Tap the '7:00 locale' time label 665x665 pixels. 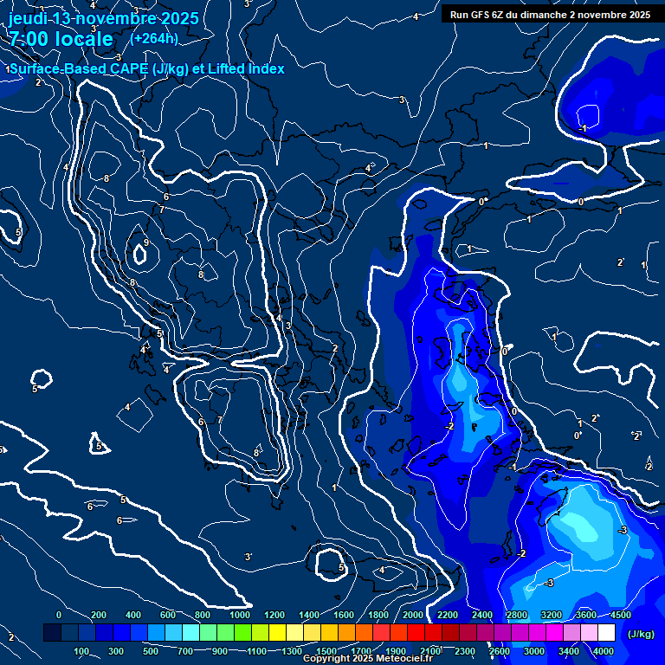pyautogui.click(x=60, y=39)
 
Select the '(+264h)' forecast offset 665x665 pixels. pyautogui.click(x=154, y=39)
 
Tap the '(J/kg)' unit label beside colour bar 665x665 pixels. pyautogui.click(x=640, y=635)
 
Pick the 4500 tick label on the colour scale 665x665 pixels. pyautogui.click(x=620, y=615)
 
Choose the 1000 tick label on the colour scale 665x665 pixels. pyautogui.click(x=240, y=615)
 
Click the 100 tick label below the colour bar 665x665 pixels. pyautogui.click(x=82, y=651)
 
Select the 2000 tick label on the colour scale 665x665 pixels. pyautogui.click(x=413, y=615)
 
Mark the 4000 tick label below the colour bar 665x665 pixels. pyautogui.click(x=604, y=651)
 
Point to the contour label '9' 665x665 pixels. pyautogui.click(x=146, y=242)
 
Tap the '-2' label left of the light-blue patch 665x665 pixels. pyautogui.click(x=449, y=427)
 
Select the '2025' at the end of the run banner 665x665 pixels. pyautogui.click(x=639, y=15)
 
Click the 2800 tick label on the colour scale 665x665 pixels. pyautogui.click(x=517, y=615)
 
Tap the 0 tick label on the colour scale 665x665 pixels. pyautogui.click(x=59, y=615)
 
